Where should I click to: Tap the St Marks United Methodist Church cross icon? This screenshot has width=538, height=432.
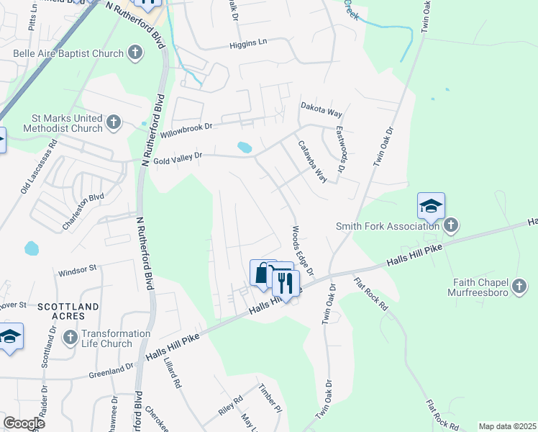(x=114, y=122)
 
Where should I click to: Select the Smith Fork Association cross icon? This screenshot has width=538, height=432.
(x=450, y=226)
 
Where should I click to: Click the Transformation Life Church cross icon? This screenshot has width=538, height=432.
(x=70, y=337)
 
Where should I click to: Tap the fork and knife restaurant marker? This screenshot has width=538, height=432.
(x=286, y=283)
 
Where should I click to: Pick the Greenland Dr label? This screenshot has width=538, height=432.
(x=111, y=371)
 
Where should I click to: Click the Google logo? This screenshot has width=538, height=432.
(x=24, y=423)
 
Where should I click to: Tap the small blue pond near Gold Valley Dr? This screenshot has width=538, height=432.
(x=245, y=148)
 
